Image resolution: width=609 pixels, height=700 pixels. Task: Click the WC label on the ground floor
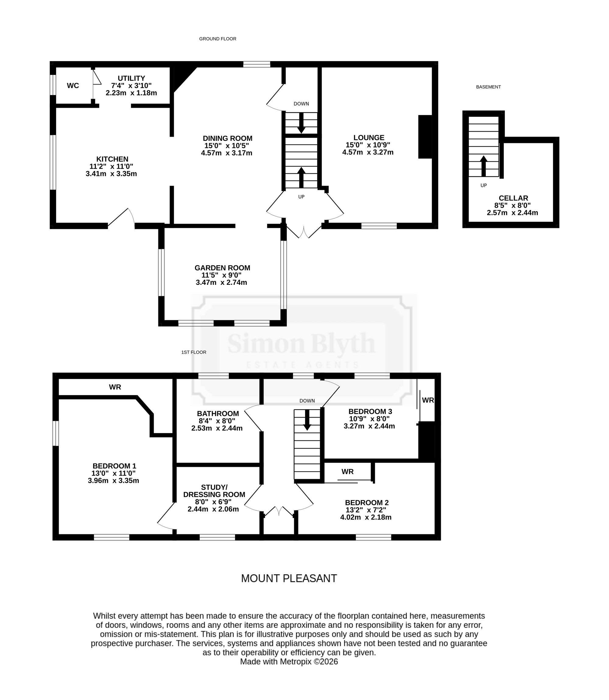coord(73,86)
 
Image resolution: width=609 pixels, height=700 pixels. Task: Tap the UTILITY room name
coord(131,79)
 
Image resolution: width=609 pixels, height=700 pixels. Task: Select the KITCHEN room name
coord(112,159)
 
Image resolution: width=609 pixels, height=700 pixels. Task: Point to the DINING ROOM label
coord(227,138)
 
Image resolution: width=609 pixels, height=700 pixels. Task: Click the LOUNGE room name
coord(369,138)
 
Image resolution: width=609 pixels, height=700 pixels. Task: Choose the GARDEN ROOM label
coord(222,268)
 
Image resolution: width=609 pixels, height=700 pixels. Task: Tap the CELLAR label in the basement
coord(513,198)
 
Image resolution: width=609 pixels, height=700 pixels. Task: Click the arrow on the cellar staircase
coord(483,166)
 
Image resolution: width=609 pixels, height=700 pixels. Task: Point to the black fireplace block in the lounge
coord(425,137)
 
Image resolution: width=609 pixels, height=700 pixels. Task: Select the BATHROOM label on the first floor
coord(218,413)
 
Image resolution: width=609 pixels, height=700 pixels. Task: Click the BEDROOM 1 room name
coord(114,466)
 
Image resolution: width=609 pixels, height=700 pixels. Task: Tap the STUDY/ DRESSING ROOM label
coord(214,491)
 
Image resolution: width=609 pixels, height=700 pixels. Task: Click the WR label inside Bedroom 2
coord(347,471)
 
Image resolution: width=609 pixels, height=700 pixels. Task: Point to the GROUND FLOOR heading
coord(217,39)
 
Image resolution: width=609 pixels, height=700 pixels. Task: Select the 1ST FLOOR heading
coord(194,352)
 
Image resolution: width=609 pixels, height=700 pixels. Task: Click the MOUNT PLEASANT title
coord(289,578)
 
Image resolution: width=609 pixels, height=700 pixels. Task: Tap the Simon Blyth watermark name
coord(301,343)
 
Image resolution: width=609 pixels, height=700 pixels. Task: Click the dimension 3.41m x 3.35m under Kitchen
coord(111,173)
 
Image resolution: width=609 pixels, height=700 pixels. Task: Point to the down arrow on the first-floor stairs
coord(307,420)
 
